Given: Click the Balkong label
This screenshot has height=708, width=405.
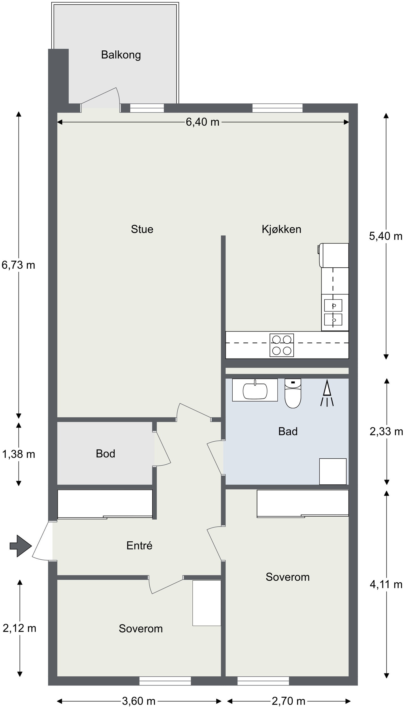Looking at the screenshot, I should (121, 55).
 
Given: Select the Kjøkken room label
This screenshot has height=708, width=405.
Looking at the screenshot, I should (281, 229).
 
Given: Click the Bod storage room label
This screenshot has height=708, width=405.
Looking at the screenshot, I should (105, 454).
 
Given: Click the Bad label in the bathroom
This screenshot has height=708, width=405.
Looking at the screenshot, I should (288, 431).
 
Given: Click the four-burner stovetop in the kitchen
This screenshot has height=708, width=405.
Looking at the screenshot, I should (281, 345).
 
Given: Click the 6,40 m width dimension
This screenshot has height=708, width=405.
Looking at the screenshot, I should (202, 122).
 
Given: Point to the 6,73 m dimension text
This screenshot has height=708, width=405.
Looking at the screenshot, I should (18, 265).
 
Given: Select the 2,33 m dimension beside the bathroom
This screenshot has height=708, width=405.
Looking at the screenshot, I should (386, 431).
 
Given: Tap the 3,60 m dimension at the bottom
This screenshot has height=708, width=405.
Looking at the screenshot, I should (138, 701).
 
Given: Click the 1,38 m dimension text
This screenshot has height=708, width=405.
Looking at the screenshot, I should (18, 454).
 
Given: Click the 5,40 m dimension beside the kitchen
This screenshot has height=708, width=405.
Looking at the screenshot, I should (386, 236).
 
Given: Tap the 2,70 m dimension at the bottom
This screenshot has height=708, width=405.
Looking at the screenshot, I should (289, 701).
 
